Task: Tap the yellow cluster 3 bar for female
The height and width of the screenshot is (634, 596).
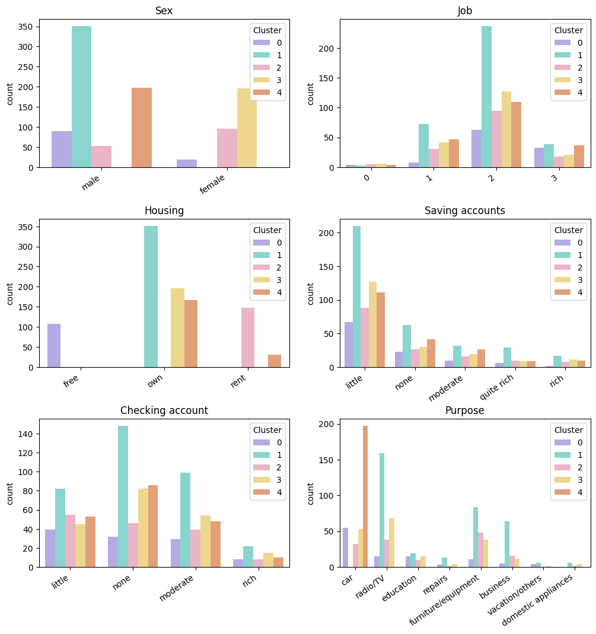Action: pos(247,128)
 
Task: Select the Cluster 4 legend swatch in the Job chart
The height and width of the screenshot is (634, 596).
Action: pos(560,93)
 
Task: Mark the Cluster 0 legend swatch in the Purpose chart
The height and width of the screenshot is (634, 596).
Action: pos(560,442)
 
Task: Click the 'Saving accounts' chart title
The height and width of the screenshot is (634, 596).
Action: pos(465,211)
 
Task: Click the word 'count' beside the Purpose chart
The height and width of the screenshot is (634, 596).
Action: pos(311,493)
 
